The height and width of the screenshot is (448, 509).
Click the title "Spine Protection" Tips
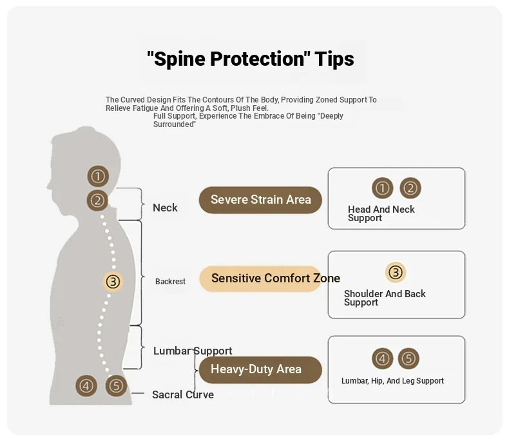click(250, 59)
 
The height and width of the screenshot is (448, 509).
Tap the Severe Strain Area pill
click(260, 200)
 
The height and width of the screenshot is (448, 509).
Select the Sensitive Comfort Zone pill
click(261, 278)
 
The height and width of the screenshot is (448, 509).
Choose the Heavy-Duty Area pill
click(256, 369)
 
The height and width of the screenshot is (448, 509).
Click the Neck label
click(165, 208)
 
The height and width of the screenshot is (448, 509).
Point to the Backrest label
click(170, 282)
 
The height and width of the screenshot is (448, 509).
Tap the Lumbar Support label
click(193, 351)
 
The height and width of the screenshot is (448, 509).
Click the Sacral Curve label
click(183, 394)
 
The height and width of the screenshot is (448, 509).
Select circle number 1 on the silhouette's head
click(98, 175)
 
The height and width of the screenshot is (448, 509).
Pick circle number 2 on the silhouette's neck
click(97, 200)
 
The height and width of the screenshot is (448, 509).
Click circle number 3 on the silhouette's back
click(113, 281)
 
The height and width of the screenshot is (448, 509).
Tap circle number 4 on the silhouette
click(86, 386)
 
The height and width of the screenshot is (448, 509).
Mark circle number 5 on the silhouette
click(116, 386)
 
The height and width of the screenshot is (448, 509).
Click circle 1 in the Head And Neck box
click(383, 188)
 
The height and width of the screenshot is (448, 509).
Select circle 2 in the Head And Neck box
click(410, 188)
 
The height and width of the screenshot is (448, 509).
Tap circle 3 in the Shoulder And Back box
click(396, 273)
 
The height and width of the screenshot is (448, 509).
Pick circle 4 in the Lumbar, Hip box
click(383, 358)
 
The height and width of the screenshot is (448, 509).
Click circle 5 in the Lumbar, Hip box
click(409, 358)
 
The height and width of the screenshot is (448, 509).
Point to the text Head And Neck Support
click(381, 213)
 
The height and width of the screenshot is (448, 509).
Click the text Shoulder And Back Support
click(385, 298)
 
